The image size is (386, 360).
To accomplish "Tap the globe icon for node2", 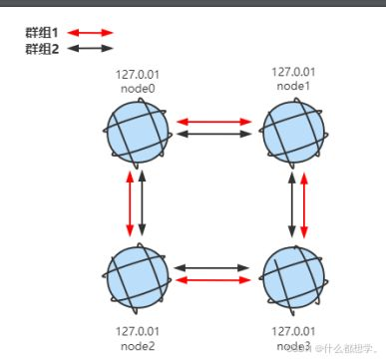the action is click(x=136, y=273).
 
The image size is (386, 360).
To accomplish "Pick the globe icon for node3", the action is click(x=292, y=274).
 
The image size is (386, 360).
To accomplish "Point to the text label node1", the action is click(x=292, y=85).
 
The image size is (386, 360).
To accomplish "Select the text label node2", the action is click(x=137, y=346).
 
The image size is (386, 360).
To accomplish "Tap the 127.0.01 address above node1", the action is click(x=293, y=72).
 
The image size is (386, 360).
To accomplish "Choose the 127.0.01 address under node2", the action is click(x=137, y=331).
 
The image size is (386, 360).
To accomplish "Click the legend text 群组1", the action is click(x=43, y=32).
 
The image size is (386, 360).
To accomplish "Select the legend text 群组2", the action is click(x=43, y=47).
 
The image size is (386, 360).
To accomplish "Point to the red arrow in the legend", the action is click(x=91, y=32).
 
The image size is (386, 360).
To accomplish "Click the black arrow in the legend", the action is click(x=91, y=47).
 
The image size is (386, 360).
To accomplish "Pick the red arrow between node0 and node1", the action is click(x=214, y=122).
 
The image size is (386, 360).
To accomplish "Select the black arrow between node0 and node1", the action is click(x=214, y=133).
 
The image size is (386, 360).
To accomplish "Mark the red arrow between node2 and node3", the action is click(x=214, y=280).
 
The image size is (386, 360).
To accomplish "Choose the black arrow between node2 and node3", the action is click(x=214, y=268).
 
